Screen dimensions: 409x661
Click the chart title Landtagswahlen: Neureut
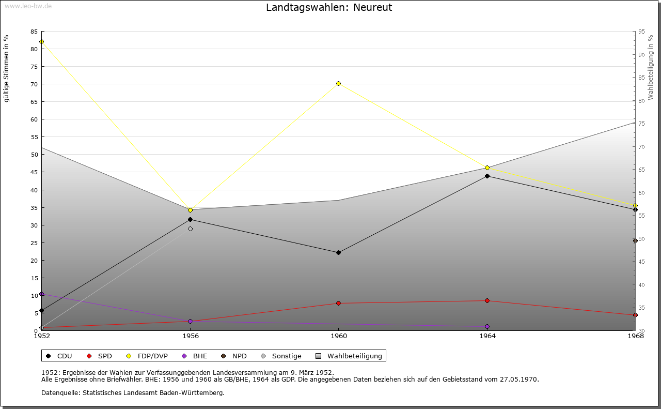click(x=329, y=7)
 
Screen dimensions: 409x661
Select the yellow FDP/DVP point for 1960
click(x=338, y=83)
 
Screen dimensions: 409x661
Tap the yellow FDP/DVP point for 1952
click(x=41, y=41)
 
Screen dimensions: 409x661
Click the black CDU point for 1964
click(x=487, y=176)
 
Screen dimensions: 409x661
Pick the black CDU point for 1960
click(x=338, y=252)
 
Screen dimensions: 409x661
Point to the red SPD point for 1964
click(x=487, y=300)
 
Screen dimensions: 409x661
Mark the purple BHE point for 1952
click(x=41, y=294)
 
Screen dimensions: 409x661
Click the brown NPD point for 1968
click(x=635, y=240)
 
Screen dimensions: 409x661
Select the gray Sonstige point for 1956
click(x=190, y=229)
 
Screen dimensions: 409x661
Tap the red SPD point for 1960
click(x=338, y=303)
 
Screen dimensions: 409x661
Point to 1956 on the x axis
click(x=190, y=336)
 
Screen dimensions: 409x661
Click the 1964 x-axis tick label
click(x=487, y=336)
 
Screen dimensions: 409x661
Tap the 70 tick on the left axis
click(x=34, y=84)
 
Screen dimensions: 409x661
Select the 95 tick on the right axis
click(x=641, y=32)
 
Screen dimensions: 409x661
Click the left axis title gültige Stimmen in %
click(x=7, y=68)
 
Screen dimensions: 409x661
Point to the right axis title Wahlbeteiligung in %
click(x=651, y=67)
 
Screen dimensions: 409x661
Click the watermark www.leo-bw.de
click(x=27, y=6)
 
